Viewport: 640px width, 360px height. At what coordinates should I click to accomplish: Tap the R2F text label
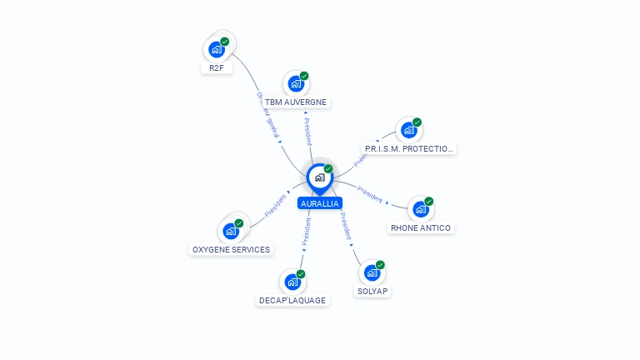pyautogui.click(x=216, y=68)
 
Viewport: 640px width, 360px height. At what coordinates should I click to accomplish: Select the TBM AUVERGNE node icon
pyautogui.click(x=296, y=83)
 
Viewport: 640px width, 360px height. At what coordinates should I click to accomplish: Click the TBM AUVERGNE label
pyautogui.click(x=296, y=102)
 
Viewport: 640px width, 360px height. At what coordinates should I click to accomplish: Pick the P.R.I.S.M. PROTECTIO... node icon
pyautogui.click(x=408, y=130)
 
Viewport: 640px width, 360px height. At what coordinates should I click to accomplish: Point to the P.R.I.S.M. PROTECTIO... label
pyautogui.click(x=409, y=148)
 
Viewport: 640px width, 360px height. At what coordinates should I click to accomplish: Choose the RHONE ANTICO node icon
pyautogui.click(x=421, y=209)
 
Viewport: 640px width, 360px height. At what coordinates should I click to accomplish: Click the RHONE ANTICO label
pyautogui.click(x=421, y=227)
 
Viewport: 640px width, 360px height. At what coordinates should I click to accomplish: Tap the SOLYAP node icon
pyautogui.click(x=372, y=272)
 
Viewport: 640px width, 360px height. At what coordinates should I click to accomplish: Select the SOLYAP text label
pyautogui.click(x=372, y=291)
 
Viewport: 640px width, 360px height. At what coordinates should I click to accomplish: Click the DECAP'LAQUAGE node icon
pyautogui.click(x=292, y=282)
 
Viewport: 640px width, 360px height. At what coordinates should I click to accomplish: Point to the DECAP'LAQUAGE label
pyautogui.click(x=292, y=300)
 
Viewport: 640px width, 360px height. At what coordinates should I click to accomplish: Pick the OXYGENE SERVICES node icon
pyautogui.click(x=231, y=231)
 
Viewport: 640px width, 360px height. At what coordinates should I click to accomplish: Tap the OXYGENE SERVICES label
pyautogui.click(x=231, y=249)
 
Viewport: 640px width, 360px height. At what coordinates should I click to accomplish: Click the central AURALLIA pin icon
pyautogui.click(x=319, y=177)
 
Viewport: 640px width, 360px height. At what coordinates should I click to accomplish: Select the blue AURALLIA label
pyautogui.click(x=320, y=203)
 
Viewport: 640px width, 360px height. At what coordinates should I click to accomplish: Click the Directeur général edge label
pyautogui.click(x=268, y=116)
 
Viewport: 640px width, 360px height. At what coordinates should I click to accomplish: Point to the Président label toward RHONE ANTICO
pyautogui.click(x=370, y=194)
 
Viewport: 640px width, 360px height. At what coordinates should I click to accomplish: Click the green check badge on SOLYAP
pyautogui.click(x=381, y=265)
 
